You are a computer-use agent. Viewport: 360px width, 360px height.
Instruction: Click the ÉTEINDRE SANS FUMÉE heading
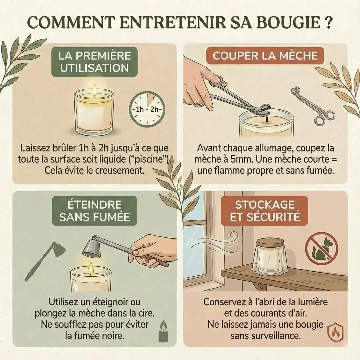coord(94,211)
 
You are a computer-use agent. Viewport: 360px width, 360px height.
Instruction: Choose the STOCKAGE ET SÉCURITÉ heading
coord(265,211)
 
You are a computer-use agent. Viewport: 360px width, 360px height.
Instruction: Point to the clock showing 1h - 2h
coord(147,109)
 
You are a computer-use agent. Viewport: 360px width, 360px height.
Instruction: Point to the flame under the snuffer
coord(90,269)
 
